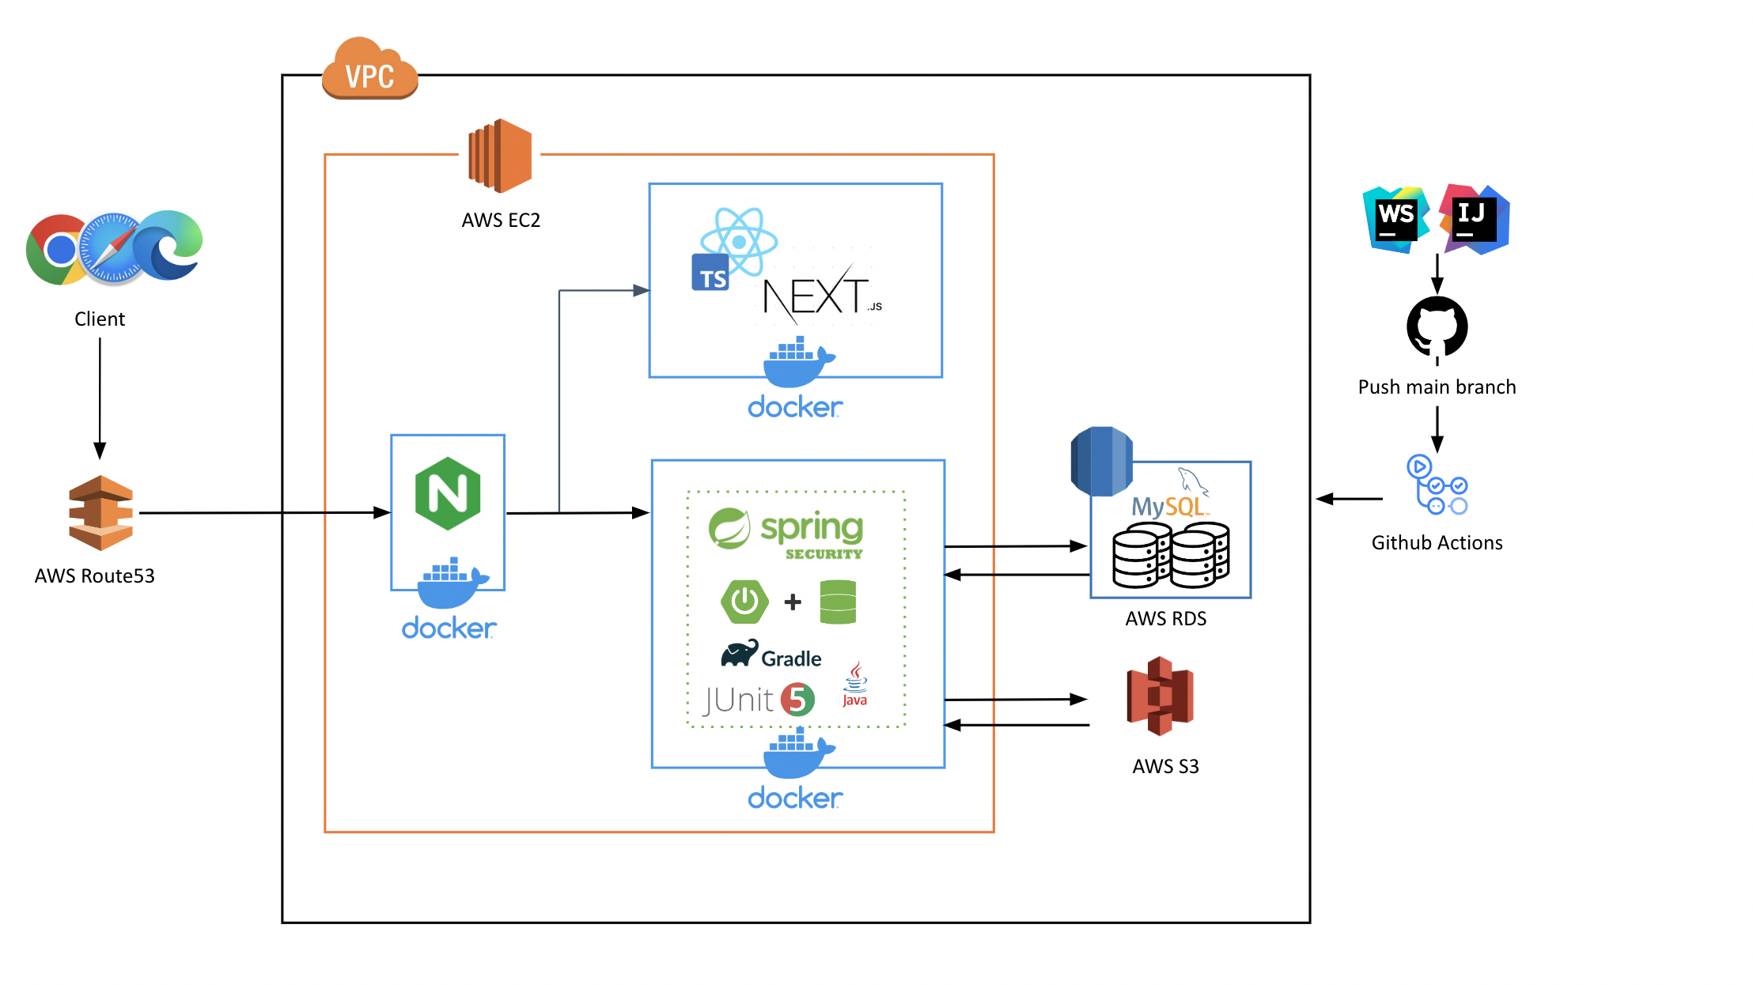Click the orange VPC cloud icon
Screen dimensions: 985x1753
369,70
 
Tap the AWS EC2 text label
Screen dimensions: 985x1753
501,220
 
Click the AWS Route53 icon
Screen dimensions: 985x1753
100,512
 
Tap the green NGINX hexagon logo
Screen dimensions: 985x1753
448,493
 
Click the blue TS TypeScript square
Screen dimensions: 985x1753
710,274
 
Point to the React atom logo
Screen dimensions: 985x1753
739,240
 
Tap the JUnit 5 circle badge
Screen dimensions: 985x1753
797,699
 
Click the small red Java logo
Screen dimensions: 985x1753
855,685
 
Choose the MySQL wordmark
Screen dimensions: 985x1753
1168,505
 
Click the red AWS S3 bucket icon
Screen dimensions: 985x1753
1160,696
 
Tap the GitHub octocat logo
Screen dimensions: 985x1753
1437,326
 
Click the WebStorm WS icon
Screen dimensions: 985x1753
1395,219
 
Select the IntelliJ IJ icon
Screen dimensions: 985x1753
1475,219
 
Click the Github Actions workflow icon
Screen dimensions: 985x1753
1437,485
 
